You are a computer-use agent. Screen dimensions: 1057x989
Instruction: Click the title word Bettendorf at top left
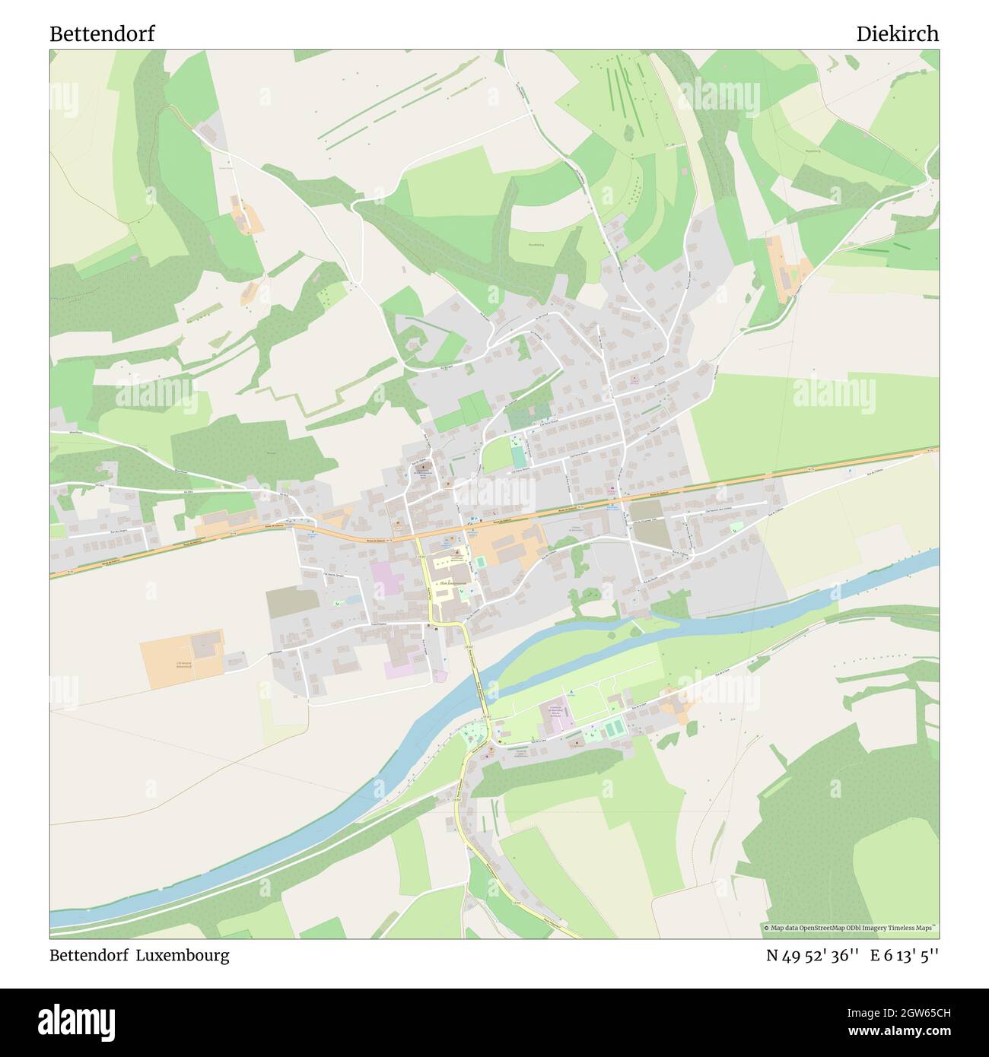click(x=102, y=34)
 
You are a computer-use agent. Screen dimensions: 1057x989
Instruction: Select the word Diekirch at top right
click(x=897, y=34)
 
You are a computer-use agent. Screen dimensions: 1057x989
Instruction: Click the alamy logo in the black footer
click(x=76, y=1021)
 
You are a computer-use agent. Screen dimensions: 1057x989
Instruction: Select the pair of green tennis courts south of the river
click(x=613, y=728)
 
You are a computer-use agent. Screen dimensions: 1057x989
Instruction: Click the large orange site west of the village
click(x=182, y=659)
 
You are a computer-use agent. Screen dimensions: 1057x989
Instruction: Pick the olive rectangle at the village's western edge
click(x=292, y=602)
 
